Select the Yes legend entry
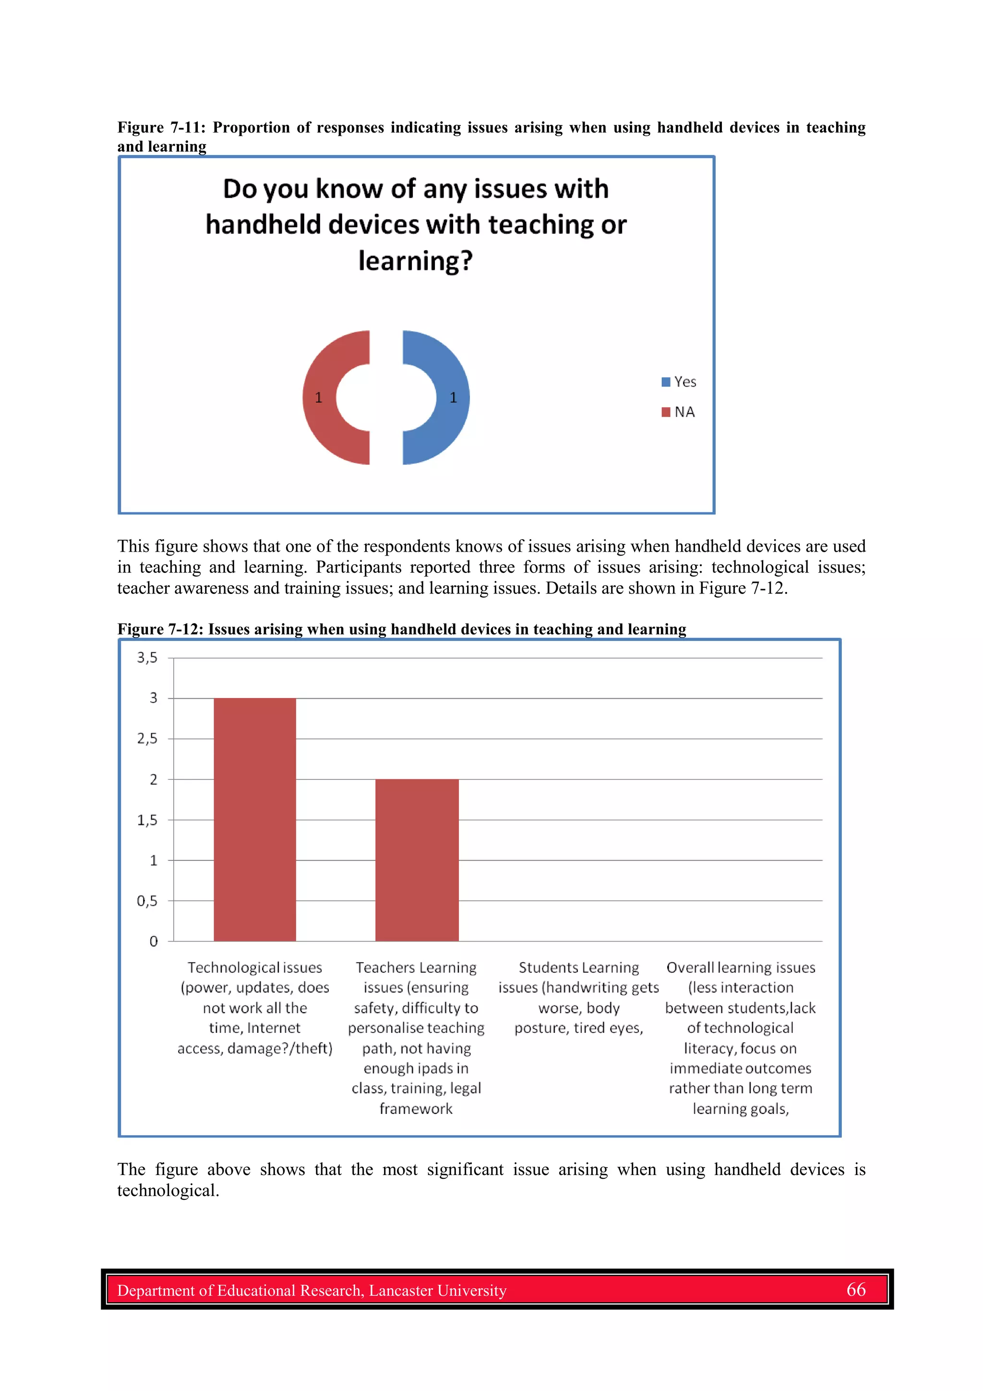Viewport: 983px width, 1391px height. pos(679,382)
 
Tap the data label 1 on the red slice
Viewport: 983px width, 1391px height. pos(319,398)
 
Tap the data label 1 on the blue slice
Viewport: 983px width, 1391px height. pos(453,398)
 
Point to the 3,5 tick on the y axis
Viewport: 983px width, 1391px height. pos(147,658)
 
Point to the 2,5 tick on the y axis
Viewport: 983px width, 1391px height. pos(147,738)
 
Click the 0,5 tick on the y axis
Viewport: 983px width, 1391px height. pos(147,901)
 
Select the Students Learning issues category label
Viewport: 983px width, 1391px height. pos(578,998)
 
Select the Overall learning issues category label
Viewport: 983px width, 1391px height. pos(740,1038)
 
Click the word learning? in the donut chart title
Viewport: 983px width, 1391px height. pos(416,261)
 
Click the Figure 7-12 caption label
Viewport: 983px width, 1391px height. pos(160,629)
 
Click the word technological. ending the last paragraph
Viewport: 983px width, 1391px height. pos(168,1190)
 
